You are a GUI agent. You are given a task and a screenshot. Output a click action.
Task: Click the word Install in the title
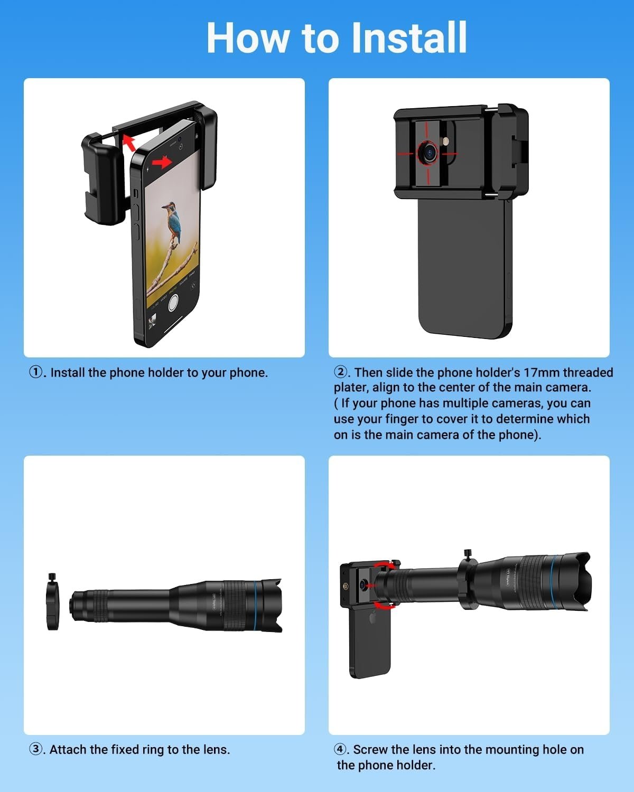click(409, 37)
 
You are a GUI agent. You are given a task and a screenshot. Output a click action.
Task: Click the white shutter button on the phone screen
click(173, 303)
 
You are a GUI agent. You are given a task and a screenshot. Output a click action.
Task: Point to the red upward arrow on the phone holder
click(128, 143)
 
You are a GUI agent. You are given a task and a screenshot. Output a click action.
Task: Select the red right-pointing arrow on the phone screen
click(162, 162)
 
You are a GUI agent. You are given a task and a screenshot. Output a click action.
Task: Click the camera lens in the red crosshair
click(428, 152)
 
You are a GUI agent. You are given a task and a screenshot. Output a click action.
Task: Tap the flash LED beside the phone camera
click(446, 141)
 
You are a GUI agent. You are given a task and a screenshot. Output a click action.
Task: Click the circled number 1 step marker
click(36, 372)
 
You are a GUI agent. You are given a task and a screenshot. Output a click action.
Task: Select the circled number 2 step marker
click(340, 372)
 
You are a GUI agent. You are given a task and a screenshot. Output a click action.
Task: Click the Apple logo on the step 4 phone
click(374, 618)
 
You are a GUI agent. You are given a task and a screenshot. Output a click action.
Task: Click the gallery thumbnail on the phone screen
click(152, 321)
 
